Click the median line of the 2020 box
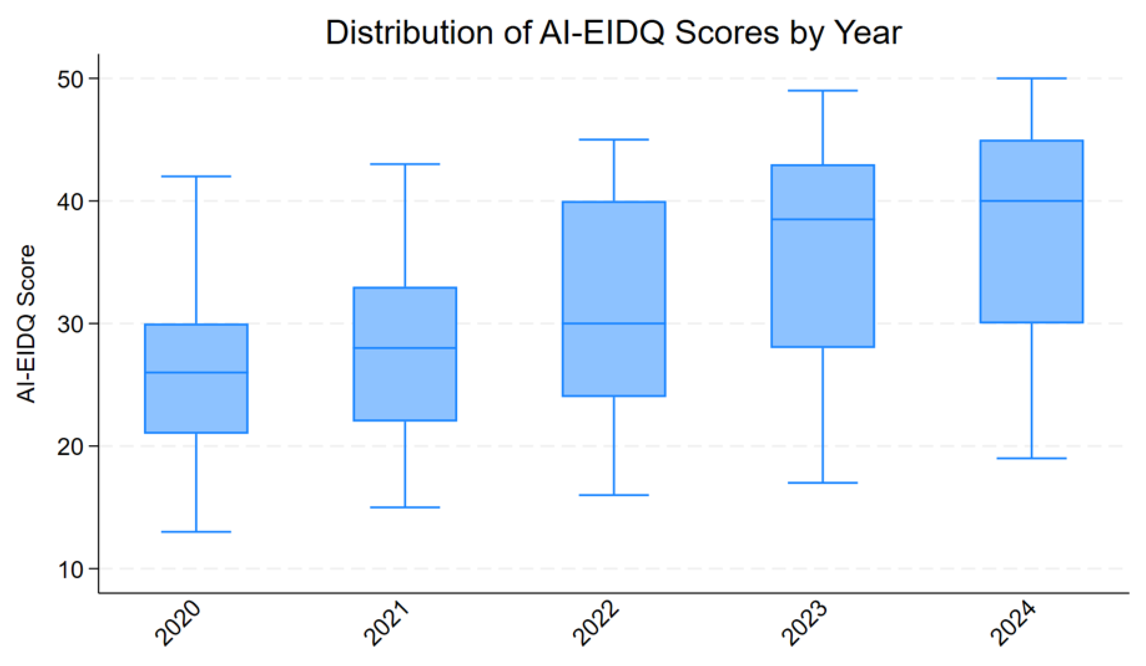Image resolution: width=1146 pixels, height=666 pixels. (196, 372)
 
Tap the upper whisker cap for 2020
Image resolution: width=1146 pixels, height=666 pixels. (196, 176)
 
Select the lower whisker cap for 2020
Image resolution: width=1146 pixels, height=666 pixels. (196, 531)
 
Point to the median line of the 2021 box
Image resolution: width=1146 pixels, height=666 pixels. (405, 348)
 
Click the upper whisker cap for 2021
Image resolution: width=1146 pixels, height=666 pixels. (405, 164)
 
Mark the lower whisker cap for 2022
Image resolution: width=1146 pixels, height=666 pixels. (614, 495)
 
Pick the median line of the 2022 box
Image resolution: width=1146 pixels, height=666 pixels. (614, 324)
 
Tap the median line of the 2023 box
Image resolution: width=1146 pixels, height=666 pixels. (823, 219)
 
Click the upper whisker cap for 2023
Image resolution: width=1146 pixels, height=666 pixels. (823, 90)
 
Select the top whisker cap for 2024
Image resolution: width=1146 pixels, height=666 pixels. (1031, 78)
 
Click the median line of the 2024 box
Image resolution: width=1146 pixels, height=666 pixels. (1031, 201)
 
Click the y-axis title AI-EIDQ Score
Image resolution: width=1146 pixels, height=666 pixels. (26, 324)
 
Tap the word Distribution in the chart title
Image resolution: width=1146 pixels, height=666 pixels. (409, 33)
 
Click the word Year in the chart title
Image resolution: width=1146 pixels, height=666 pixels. (869, 33)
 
